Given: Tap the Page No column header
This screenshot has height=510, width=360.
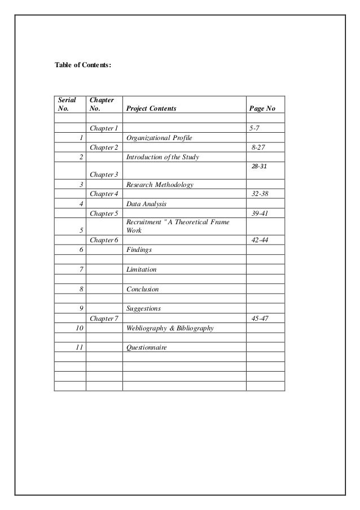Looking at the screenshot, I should [x=262, y=108].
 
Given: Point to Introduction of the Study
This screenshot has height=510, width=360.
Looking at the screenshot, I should [x=163, y=157].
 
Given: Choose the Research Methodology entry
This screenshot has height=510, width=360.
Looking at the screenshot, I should [x=160, y=185].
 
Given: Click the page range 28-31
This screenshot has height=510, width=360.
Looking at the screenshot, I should [x=258, y=166].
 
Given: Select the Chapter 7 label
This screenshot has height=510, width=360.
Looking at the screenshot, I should [x=104, y=319].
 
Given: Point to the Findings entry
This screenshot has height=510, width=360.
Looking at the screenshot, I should [x=139, y=249].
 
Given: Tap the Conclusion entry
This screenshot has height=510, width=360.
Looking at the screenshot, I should [x=143, y=289].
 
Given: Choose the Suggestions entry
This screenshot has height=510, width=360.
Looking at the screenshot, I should [x=144, y=308].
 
